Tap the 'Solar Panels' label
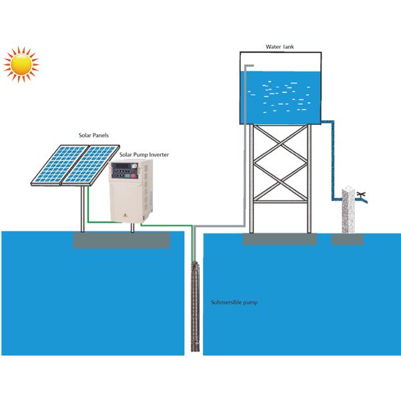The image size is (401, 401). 93,136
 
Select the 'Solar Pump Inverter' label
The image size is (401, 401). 144,154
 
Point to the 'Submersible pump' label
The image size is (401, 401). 234,303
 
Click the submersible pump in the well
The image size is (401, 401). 194,307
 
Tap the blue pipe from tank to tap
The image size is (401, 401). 332,160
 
